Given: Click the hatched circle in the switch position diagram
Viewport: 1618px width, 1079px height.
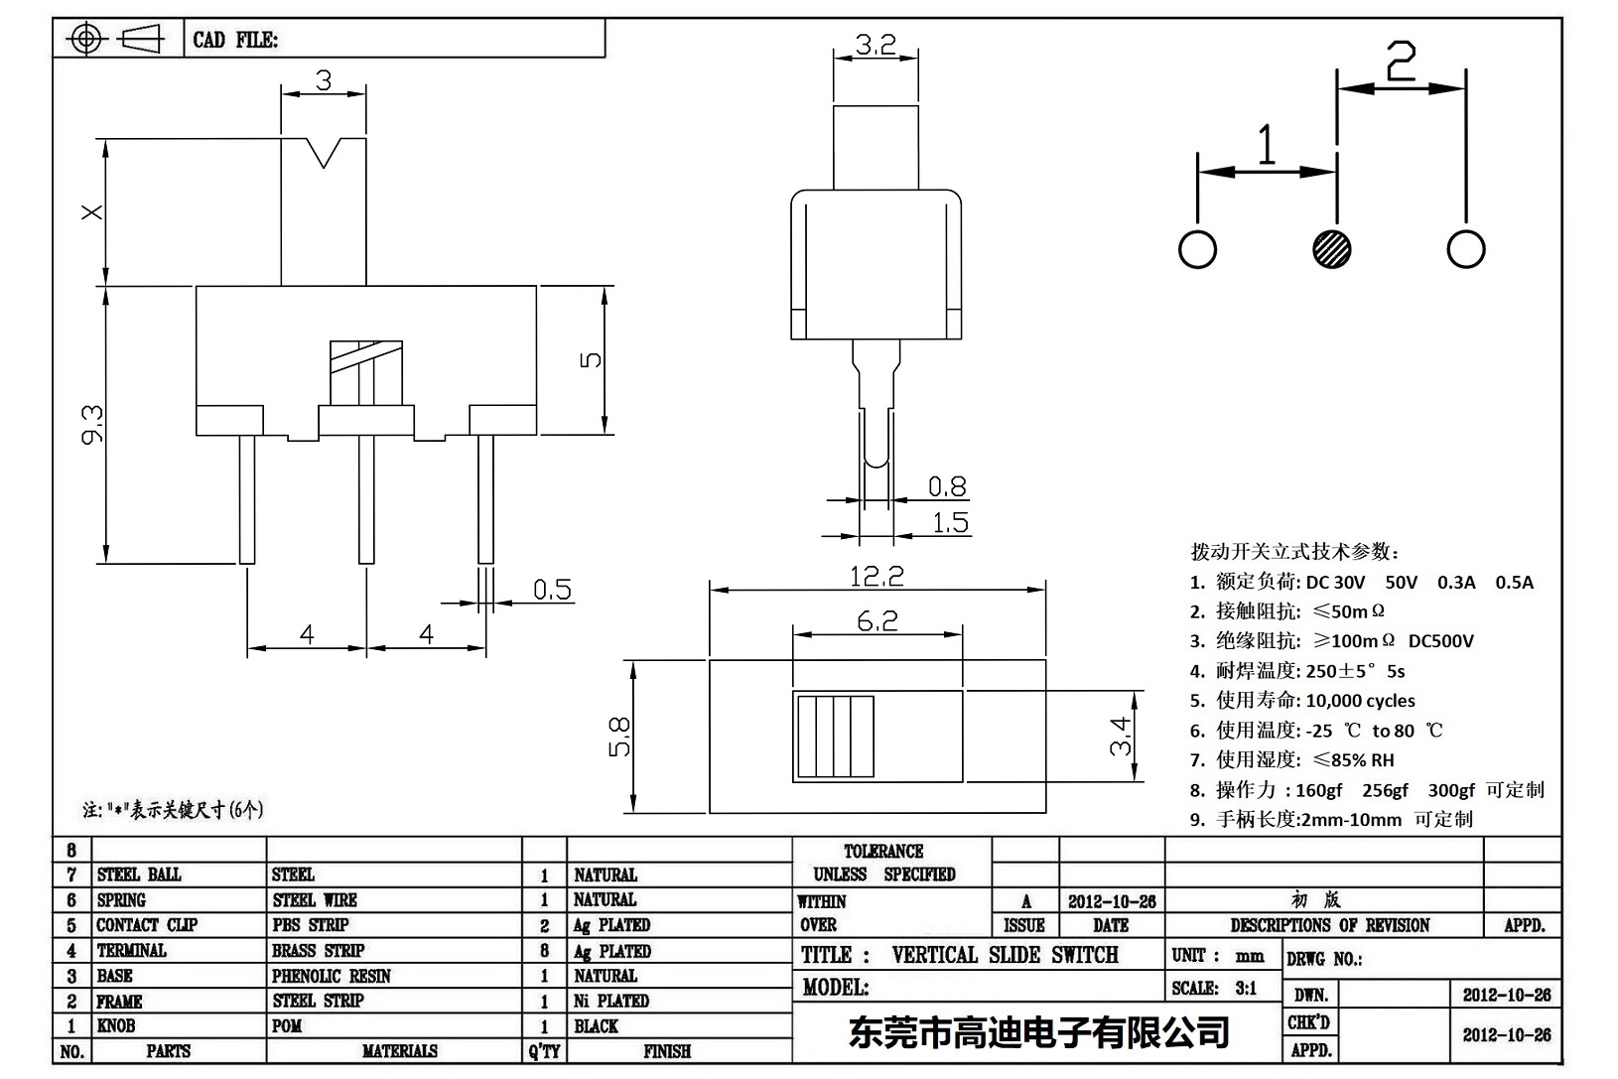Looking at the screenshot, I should click(x=1331, y=248).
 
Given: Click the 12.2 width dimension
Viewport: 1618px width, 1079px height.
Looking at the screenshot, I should click(x=876, y=576).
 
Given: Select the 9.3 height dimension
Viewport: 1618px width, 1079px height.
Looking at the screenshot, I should click(x=92, y=424).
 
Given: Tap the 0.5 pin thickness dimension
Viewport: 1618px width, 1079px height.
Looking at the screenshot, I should click(x=552, y=590).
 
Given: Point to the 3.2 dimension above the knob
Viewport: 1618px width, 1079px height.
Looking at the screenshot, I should click(x=875, y=45).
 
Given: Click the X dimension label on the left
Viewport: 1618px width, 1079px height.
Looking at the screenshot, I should click(x=91, y=211).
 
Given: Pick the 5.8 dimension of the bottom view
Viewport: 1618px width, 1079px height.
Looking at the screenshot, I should click(x=619, y=737).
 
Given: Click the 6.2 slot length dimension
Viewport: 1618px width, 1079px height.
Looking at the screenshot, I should click(x=876, y=621).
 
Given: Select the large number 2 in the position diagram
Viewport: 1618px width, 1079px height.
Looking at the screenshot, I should click(x=1400, y=64).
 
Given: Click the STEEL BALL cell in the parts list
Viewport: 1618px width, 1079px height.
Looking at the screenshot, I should click(x=139, y=875).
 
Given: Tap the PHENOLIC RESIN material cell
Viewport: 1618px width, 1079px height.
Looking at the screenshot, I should click(x=331, y=976).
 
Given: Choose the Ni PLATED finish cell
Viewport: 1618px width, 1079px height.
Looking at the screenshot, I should click(x=610, y=1001).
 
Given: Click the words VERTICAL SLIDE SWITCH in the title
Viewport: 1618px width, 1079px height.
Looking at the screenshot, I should click(x=1005, y=955).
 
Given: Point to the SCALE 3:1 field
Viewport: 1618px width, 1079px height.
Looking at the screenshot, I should click(x=1214, y=988).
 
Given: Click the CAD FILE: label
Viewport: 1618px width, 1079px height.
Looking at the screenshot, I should click(x=235, y=40).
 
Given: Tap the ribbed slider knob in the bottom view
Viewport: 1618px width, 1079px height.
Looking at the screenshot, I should click(x=834, y=736).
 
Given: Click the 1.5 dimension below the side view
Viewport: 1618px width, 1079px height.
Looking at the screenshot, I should click(x=950, y=522).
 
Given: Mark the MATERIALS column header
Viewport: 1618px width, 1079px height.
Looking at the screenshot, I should click(x=399, y=1051).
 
